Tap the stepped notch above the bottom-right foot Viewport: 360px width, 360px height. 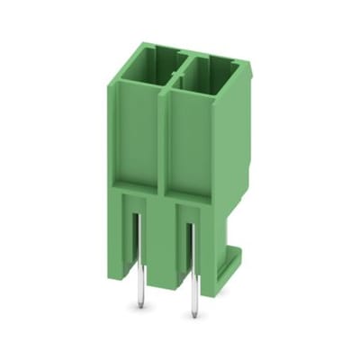pos(232,229)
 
